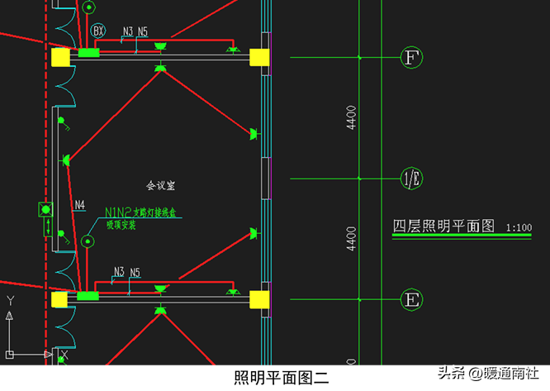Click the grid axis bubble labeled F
(x=410, y=57)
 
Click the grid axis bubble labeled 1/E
(x=410, y=178)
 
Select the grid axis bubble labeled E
(x=410, y=299)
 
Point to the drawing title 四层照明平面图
(x=443, y=226)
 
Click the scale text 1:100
(x=519, y=227)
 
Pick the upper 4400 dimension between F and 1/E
(x=352, y=117)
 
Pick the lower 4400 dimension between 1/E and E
(x=352, y=238)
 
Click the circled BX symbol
(x=99, y=31)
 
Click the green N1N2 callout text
(x=118, y=212)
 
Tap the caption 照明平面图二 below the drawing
(x=282, y=378)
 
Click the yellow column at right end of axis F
(x=259, y=57)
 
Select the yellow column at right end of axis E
(x=259, y=299)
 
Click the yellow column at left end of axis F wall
(x=60, y=56)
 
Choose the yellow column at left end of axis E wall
(x=60, y=298)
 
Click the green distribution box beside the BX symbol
(x=88, y=53)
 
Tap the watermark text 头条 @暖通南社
(x=488, y=374)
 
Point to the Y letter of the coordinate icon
(x=10, y=300)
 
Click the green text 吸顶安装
(x=122, y=226)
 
